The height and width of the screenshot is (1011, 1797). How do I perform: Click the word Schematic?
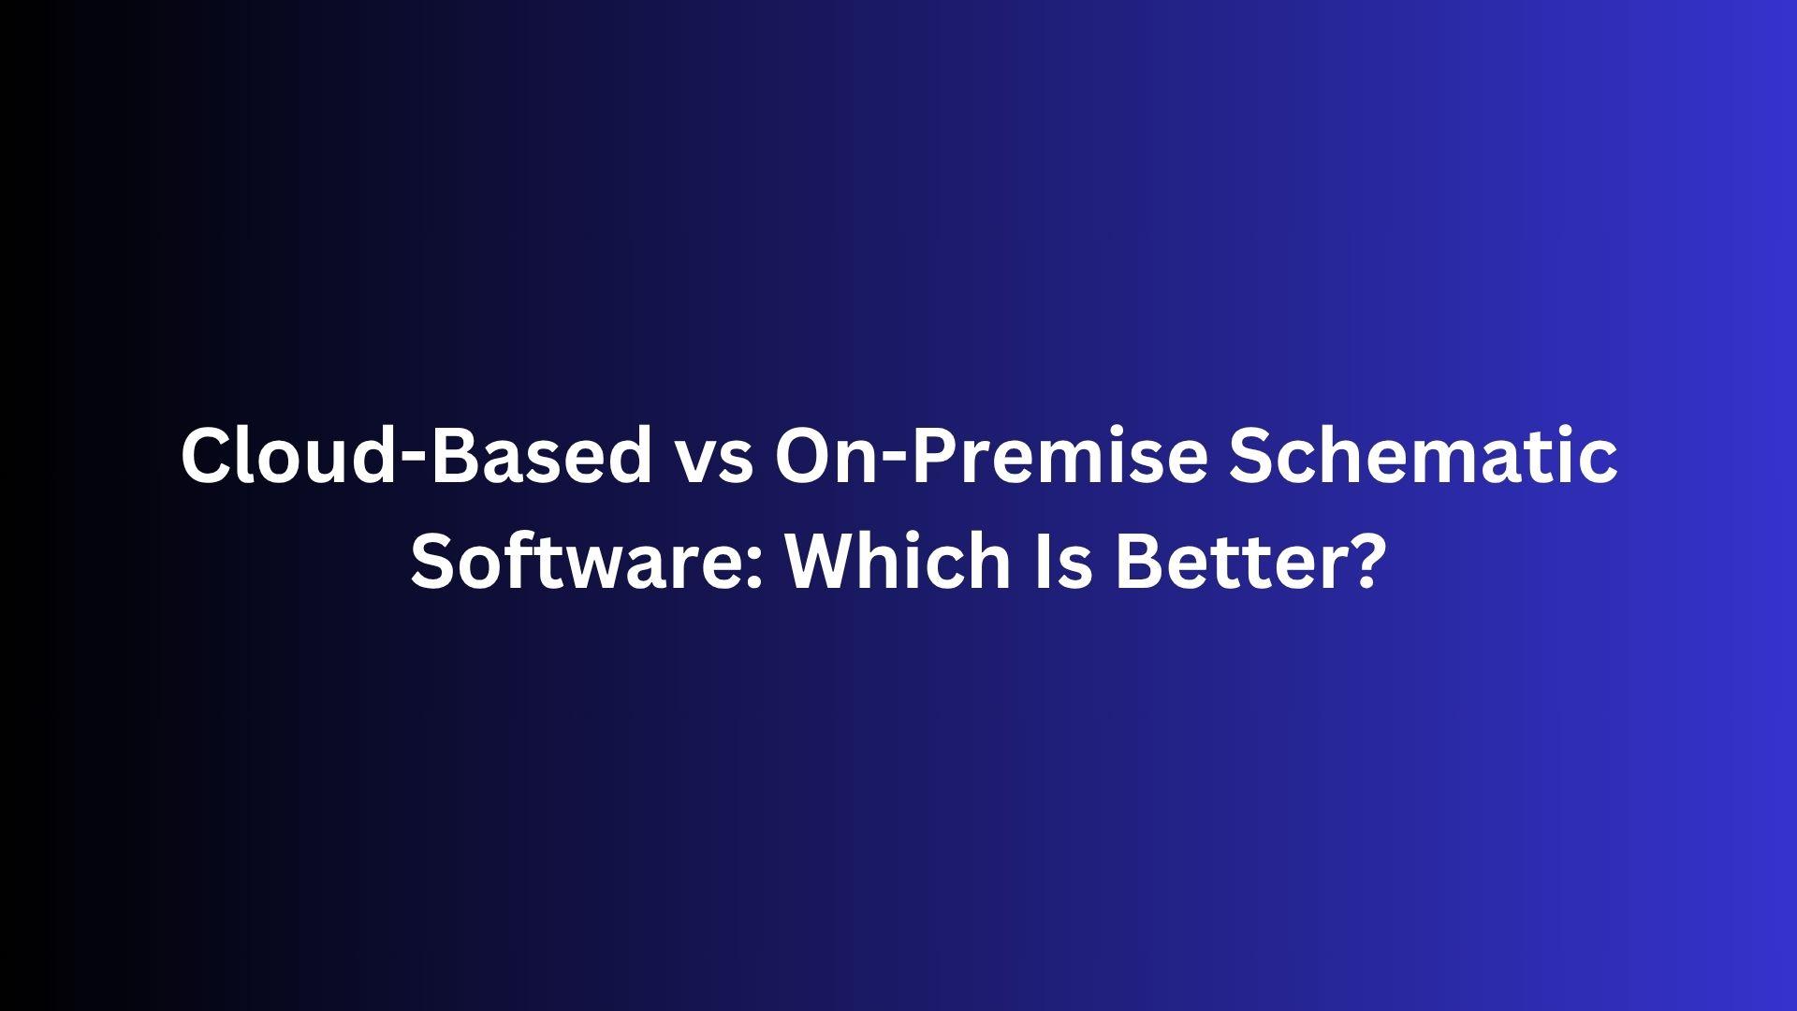coord(1423,454)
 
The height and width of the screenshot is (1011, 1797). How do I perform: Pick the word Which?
coord(898,560)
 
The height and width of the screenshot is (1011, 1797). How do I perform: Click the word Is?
coord(1063,560)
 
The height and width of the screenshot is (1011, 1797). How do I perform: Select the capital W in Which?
coord(826,561)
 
